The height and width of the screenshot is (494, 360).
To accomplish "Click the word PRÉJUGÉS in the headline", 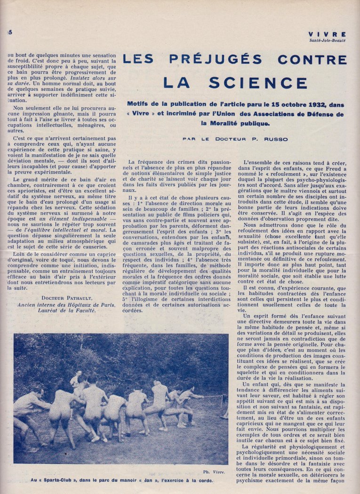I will [x=216, y=59].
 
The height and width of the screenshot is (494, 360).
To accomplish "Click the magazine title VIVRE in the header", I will [x=328, y=34].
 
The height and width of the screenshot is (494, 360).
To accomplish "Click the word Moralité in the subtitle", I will [x=216, y=124].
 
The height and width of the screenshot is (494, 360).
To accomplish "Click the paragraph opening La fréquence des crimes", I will [x=151, y=162].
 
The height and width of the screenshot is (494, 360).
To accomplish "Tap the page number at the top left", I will [x=9, y=32].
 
